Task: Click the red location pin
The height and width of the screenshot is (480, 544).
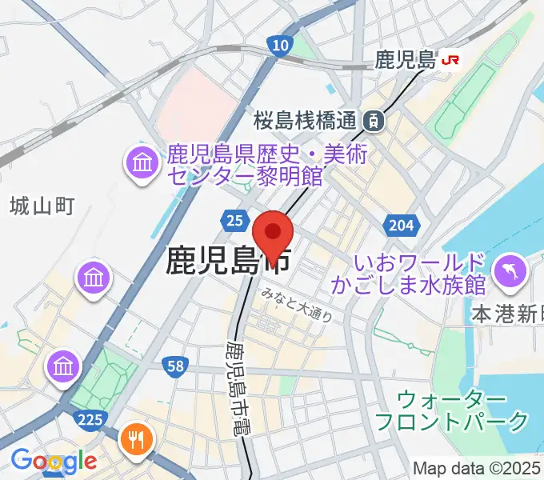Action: [273, 234]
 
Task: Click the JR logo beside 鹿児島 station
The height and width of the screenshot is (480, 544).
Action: [451, 60]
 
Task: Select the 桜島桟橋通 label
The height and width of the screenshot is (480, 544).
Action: [304, 121]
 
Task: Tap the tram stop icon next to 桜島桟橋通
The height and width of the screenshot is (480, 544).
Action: [372, 121]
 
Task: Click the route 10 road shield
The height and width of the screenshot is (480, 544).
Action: [279, 46]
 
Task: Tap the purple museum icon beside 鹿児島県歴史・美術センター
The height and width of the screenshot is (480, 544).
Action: [142, 165]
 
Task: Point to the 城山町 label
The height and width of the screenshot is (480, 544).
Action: [42, 206]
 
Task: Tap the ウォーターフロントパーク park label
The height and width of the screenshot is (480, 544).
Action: [452, 409]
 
